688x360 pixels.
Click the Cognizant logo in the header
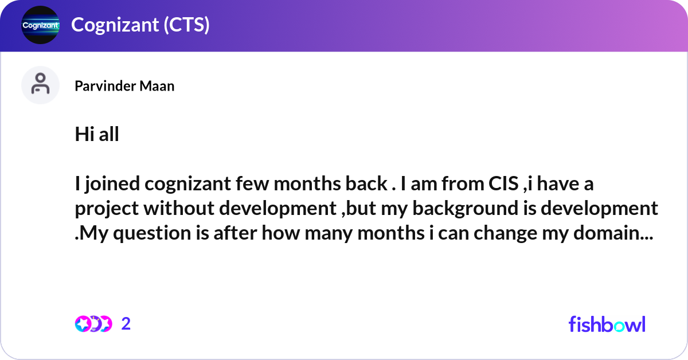pos(40,25)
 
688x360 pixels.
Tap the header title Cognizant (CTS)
pos(140,25)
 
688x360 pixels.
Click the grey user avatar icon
pos(40,85)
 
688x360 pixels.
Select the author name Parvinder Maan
pos(124,86)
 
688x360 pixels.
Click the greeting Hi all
pos(97,135)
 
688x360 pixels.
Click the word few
pos(253,184)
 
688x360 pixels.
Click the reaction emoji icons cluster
pos(93,324)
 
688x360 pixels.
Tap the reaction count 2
pos(126,324)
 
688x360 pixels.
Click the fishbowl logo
pos(607,324)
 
